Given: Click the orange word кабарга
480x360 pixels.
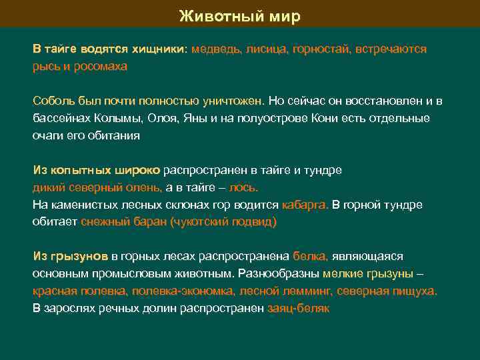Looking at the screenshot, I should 305,205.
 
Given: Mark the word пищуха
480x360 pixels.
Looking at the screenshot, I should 415,291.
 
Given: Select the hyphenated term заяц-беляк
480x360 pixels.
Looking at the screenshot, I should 298,308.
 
